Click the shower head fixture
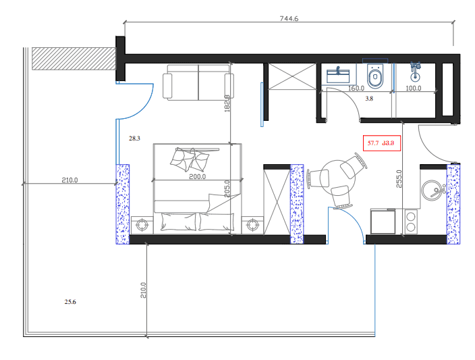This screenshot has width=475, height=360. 415,68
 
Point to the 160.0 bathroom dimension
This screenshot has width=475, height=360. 356,88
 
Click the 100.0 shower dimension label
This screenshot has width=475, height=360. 412,88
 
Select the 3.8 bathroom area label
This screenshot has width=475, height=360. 369,99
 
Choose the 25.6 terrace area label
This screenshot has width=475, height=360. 70,302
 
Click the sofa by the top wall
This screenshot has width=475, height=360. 197,82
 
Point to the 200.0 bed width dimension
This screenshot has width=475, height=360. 197,176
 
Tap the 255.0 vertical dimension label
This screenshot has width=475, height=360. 398,178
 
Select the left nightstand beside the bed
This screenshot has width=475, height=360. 143,224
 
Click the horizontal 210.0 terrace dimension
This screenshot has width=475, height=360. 69,180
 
